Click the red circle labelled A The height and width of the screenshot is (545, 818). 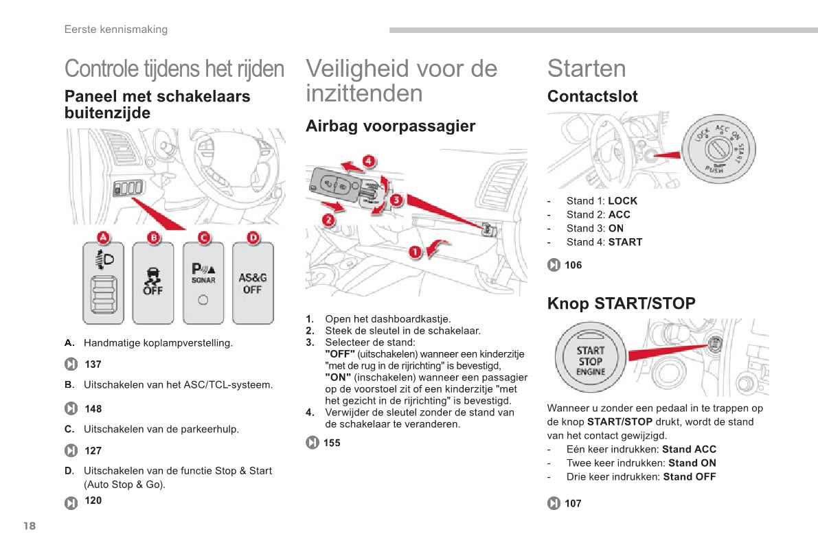click(103, 237)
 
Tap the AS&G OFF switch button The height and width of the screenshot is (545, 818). click(253, 283)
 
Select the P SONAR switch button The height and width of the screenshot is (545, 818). click(203, 283)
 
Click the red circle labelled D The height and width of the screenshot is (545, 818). click(253, 237)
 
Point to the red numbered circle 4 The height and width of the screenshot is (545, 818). click(369, 161)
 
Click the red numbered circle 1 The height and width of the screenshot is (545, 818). click(415, 253)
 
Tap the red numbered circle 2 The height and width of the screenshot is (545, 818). click(328, 220)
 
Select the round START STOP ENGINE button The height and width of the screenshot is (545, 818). click(590, 358)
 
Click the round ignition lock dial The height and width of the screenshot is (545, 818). click(719, 149)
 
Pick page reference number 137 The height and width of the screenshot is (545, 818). click(93, 364)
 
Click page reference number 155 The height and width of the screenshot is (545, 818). click(332, 443)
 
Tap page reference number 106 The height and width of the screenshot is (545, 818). click(573, 265)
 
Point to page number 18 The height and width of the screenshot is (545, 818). click(30, 526)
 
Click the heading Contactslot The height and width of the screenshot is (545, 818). click(593, 97)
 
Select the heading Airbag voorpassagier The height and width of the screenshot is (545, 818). click(391, 126)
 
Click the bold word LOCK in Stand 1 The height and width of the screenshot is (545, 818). click(623, 201)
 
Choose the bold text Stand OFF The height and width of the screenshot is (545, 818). click(689, 476)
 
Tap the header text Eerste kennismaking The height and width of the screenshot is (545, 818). click(116, 30)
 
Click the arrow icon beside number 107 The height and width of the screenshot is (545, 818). click(554, 503)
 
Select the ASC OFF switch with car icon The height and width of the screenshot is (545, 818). click(153, 283)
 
